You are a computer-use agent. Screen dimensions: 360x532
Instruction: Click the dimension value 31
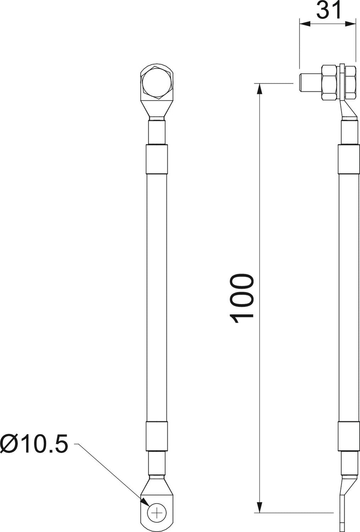[x=329, y=10]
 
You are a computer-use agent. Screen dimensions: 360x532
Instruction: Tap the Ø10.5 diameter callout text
[x=34, y=444]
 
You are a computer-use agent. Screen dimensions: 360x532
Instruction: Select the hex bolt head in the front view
[x=156, y=83]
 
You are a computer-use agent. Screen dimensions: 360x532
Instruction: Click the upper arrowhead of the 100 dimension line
[x=260, y=90]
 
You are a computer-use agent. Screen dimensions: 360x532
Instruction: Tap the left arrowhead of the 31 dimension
[x=305, y=24]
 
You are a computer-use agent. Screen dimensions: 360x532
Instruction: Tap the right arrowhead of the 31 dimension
[x=350, y=24]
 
